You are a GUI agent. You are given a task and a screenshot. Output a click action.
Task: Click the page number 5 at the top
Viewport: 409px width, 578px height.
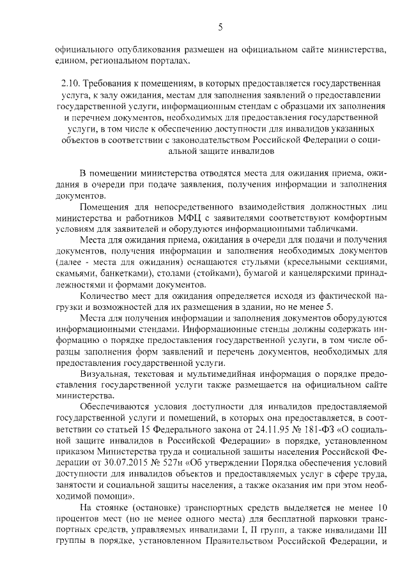220,26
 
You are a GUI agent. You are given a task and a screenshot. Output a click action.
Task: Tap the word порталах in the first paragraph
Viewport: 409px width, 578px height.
169,60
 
